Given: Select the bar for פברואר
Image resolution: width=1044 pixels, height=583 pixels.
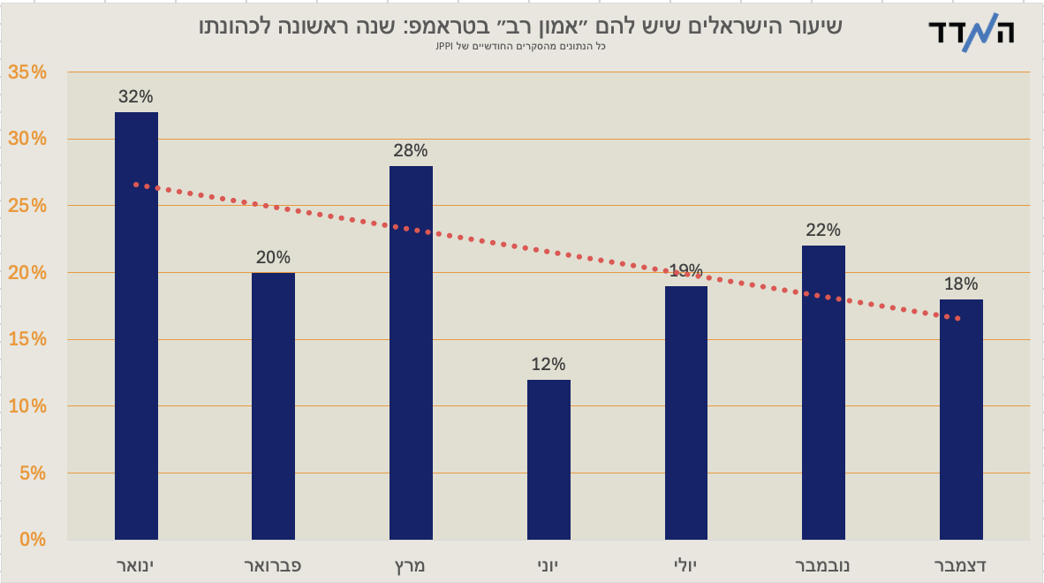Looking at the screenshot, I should (273, 405).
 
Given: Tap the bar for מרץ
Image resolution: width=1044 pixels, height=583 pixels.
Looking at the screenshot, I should (411, 352).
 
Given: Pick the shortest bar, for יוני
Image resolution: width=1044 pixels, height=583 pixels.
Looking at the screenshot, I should (548, 459).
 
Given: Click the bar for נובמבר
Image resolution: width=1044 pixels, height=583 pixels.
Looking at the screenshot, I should (823, 392).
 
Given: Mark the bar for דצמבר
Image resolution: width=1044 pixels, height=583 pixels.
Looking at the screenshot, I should (961, 419).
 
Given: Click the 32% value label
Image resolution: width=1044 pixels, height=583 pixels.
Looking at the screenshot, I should (136, 97).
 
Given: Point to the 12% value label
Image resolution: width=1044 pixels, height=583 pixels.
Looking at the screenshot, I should (548, 365).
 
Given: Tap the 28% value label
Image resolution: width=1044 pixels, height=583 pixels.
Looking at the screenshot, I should (411, 151).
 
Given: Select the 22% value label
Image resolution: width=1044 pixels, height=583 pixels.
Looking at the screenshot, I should (823, 231).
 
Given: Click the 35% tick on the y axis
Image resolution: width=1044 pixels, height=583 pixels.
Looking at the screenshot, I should (27, 72).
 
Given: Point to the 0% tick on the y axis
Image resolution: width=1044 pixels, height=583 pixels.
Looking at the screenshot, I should (33, 540).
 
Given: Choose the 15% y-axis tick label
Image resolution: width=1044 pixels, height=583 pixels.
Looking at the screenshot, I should (27, 339).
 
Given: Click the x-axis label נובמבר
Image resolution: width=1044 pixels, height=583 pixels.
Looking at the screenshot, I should (823, 564).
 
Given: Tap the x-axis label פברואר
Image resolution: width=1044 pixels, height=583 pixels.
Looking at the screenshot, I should (273, 564).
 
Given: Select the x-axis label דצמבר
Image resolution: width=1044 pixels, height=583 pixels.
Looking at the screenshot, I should (961, 564).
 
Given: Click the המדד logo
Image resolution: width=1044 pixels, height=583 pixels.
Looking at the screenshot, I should (972, 34).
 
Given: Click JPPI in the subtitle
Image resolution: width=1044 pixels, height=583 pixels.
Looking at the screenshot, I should (443, 46).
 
